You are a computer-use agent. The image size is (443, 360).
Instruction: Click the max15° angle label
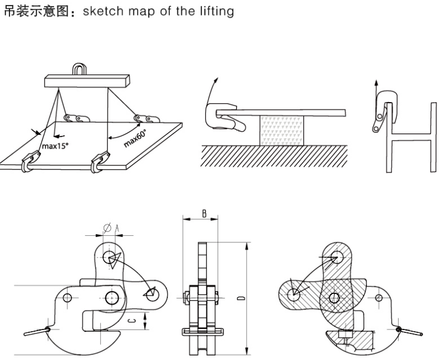click(x=57, y=147)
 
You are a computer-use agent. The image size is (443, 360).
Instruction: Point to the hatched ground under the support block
click(x=277, y=155)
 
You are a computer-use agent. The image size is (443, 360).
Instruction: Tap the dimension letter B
click(x=205, y=214)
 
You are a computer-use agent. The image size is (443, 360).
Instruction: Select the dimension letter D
click(x=239, y=298)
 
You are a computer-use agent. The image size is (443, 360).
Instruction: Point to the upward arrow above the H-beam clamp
click(x=376, y=89)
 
